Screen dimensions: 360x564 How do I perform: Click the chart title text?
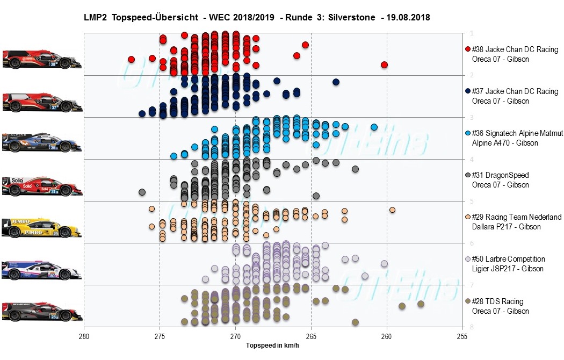tap(257, 18)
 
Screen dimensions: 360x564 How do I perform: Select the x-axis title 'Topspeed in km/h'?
tap(272, 345)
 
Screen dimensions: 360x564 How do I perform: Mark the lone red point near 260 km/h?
tap(384, 64)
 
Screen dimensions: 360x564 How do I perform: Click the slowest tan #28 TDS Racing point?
tap(421, 304)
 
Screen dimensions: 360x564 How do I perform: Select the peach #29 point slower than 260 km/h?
tap(392, 210)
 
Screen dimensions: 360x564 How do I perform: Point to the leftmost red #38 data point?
tap(131, 59)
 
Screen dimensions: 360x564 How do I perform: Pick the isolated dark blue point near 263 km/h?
tap(336, 82)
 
